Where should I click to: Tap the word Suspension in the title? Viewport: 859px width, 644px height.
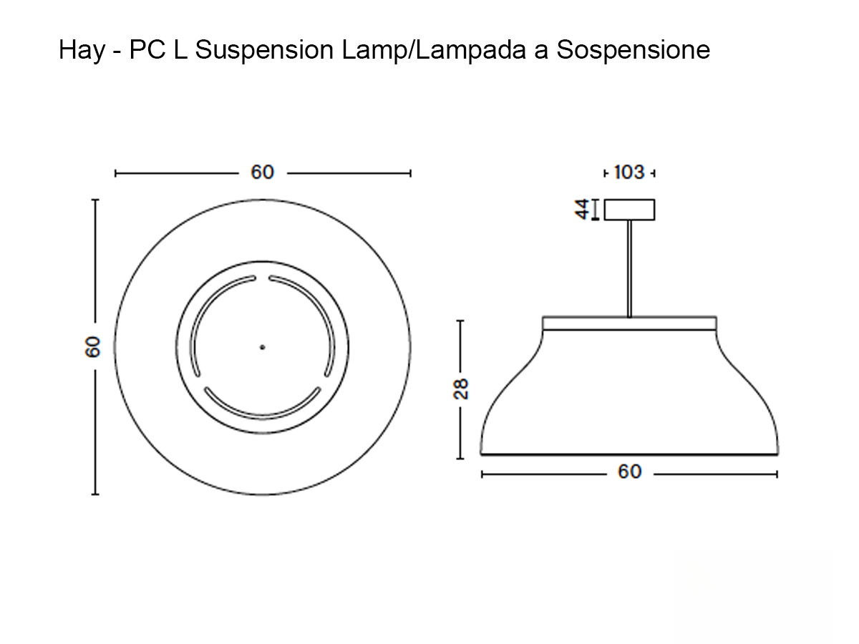point(263,51)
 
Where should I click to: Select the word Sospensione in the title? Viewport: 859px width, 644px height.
point(634,51)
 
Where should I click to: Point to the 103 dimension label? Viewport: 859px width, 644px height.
point(629,172)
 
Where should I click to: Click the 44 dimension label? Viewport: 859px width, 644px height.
point(583,209)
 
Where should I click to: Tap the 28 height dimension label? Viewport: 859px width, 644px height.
point(461,388)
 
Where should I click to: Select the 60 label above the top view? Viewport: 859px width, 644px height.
point(262,172)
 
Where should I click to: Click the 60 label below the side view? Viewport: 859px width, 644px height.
point(629,472)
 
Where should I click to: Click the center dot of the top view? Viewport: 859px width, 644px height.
point(262,347)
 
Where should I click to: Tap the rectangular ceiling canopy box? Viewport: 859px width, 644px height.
point(630,209)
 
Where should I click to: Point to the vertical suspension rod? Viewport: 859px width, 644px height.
point(629,268)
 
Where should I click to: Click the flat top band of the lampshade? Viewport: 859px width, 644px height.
point(629,323)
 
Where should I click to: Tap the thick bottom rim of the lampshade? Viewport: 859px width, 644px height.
point(629,454)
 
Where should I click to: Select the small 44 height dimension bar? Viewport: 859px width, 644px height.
point(595,210)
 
